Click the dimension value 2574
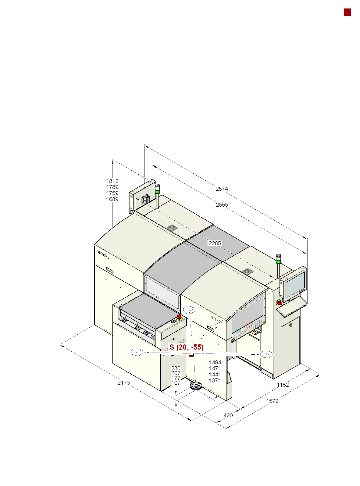pyautogui.click(x=221, y=189)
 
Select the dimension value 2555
pyautogui.click(x=222, y=205)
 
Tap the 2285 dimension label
pyautogui.click(x=214, y=243)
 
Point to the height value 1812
pyautogui.click(x=112, y=181)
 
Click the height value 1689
pyautogui.click(x=112, y=199)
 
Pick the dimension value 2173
pyautogui.click(x=123, y=383)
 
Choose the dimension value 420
pyautogui.click(x=228, y=415)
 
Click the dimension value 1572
pyautogui.click(x=272, y=401)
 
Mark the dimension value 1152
pyautogui.click(x=283, y=385)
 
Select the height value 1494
pyautogui.click(x=215, y=363)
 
